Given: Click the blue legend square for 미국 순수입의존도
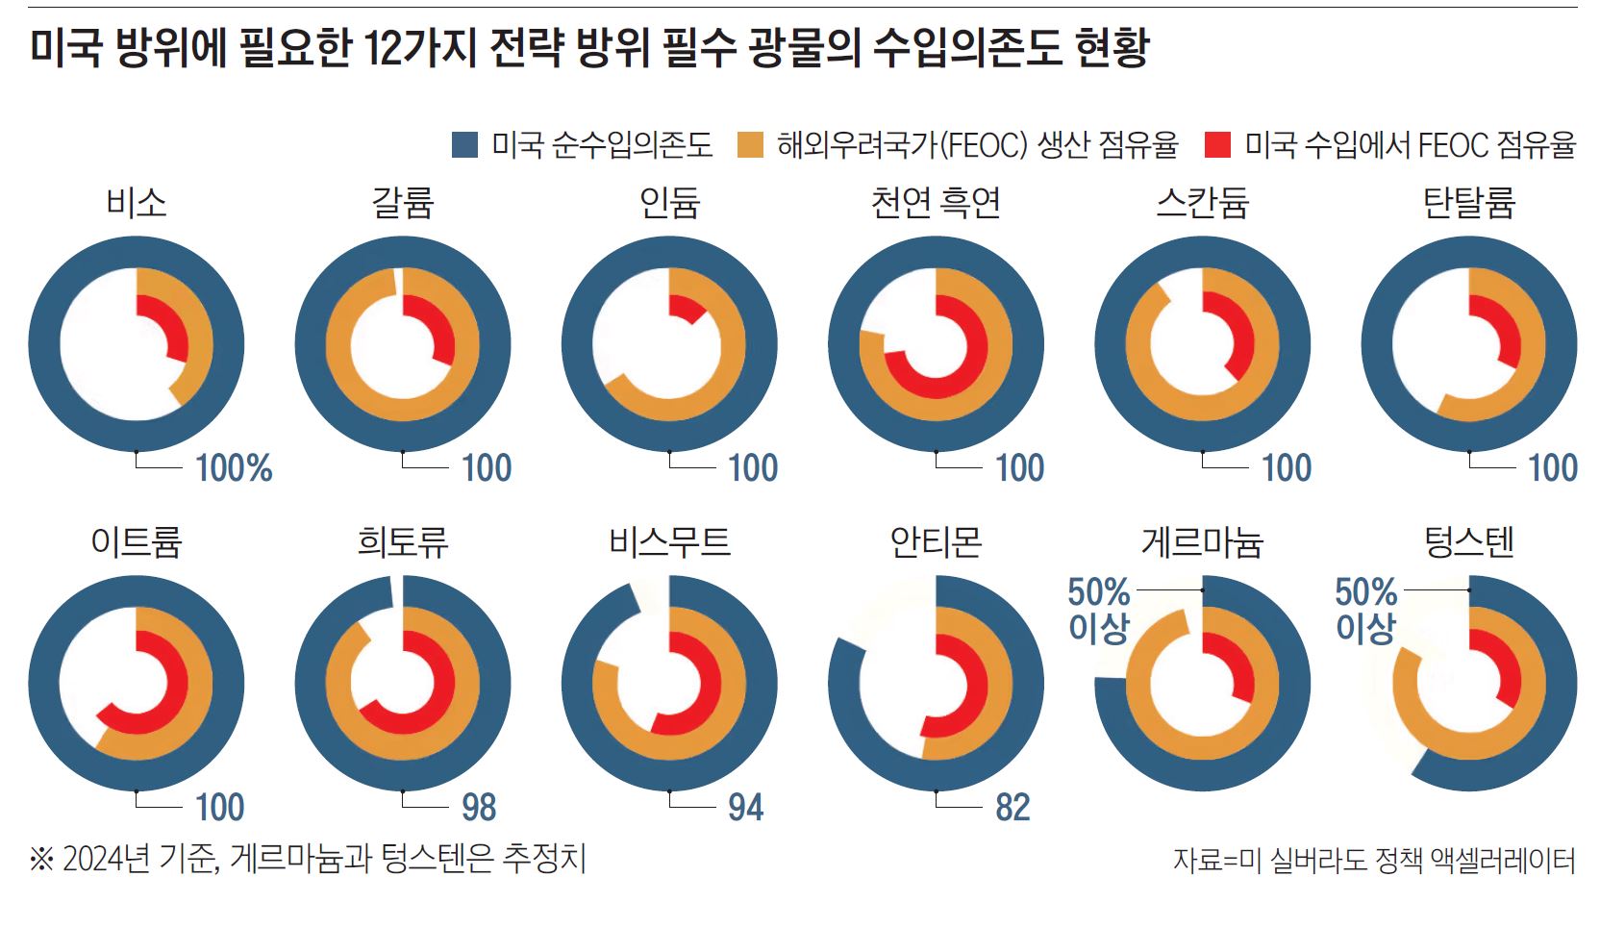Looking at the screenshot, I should [x=464, y=145].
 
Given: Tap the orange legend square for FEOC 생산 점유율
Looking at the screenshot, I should [x=750, y=145].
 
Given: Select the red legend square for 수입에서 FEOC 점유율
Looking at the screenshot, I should [x=1217, y=145].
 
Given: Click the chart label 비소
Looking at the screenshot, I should [x=137, y=203].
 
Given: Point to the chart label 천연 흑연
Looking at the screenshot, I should [x=936, y=203].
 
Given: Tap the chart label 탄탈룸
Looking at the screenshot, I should [x=1468, y=203].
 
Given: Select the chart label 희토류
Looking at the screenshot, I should [x=402, y=542].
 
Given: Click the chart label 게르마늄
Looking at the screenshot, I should [x=1202, y=542].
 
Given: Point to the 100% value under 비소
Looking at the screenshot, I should [x=234, y=468].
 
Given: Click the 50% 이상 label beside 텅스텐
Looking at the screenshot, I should [x=1365, y=610].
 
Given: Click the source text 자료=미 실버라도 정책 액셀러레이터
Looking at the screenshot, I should [x=1374, y=860].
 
